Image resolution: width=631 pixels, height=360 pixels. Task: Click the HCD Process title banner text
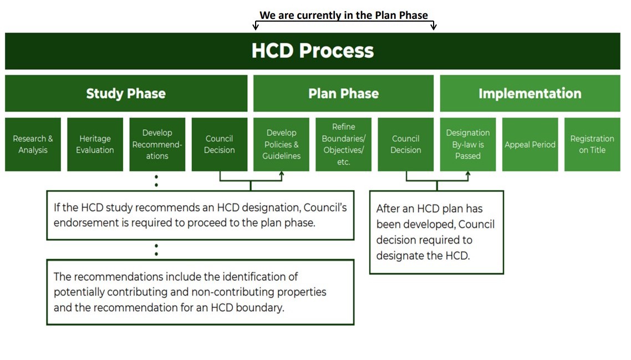click(313, 51)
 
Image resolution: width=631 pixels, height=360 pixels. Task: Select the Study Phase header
click(126, 93)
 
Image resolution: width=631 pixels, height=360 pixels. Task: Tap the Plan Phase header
click(343, 93)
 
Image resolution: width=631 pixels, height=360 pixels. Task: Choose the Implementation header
click(530, 93)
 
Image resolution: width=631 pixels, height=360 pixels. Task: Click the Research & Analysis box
click(33, 144)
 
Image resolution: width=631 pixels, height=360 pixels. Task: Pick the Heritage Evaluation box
click(95, 144)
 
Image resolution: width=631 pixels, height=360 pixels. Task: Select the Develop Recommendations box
click(157, 144)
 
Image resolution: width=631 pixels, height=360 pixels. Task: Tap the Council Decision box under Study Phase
click(219, 144)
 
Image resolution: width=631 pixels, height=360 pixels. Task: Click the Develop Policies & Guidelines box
click(281, 144)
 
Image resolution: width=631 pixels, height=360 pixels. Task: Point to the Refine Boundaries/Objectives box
click(343, 144)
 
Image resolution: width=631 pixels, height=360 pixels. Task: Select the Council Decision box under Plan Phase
click(405, 144)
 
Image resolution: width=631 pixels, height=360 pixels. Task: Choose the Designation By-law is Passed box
click(467, 144)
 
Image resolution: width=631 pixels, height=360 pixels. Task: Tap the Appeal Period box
click(530, 144)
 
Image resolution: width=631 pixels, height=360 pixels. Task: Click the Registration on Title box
click(592, 144)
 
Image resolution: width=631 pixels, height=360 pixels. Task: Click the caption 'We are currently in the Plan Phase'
click(344, 15)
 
